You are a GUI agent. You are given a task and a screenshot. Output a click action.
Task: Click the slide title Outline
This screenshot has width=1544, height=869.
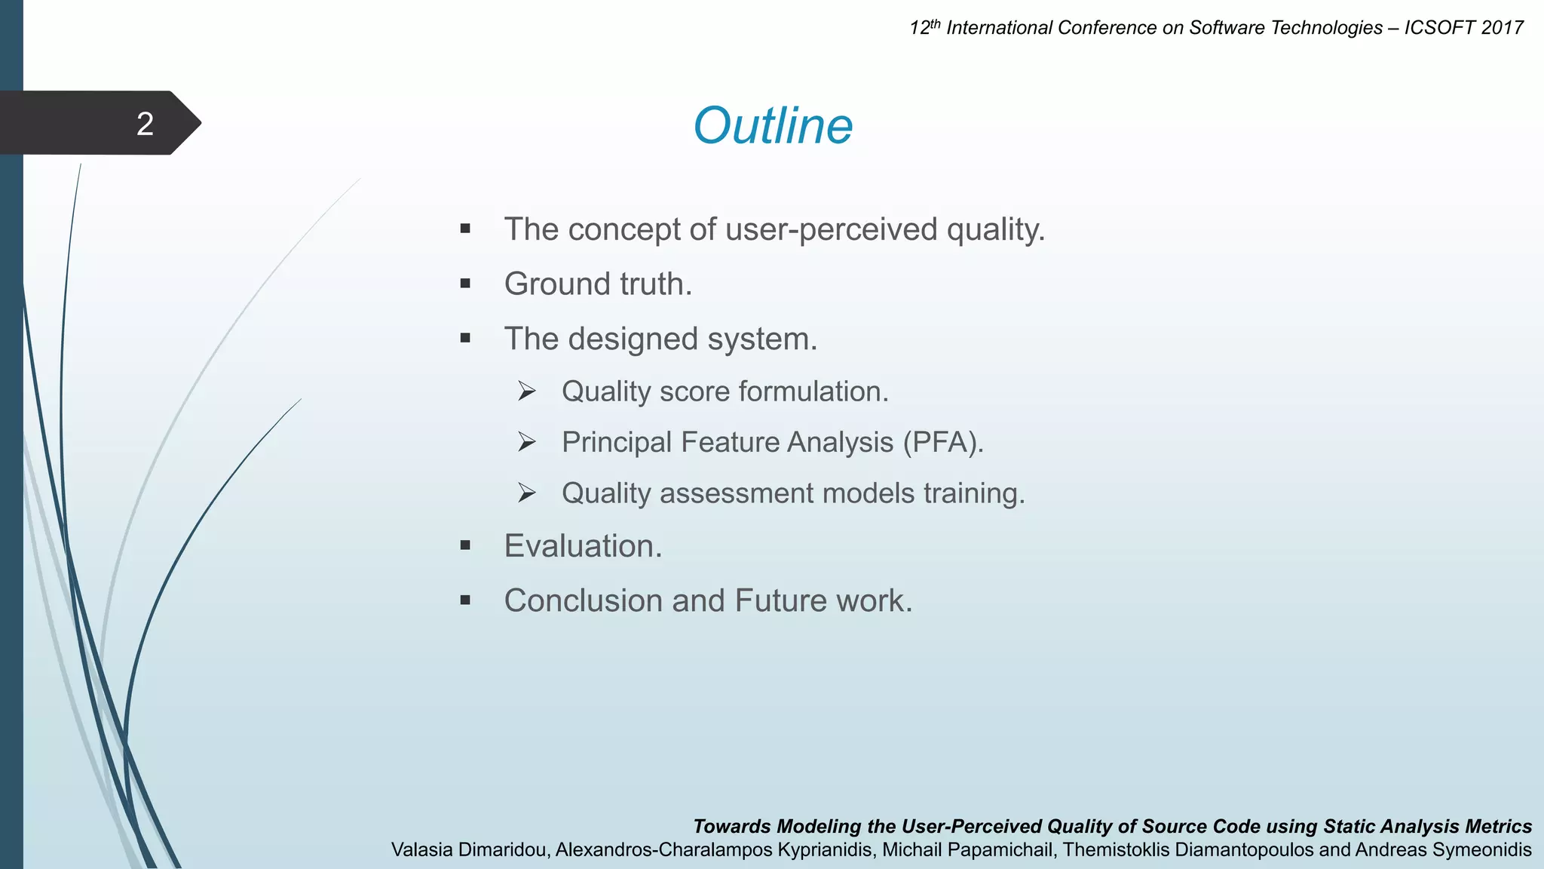[773, 125]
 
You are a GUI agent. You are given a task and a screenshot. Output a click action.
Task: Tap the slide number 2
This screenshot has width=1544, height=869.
[145, 124]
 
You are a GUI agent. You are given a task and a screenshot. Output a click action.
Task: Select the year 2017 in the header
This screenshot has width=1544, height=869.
[1502, 28]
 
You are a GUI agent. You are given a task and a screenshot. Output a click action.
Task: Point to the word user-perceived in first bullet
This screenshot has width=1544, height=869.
[832, 229]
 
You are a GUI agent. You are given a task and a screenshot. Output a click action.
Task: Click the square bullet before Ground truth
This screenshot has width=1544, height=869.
[465, 284]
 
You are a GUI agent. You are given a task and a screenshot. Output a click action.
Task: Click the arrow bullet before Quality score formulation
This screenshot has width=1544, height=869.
[526, 392]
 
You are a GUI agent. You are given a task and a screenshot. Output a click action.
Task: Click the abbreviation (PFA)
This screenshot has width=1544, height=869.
[943, 442]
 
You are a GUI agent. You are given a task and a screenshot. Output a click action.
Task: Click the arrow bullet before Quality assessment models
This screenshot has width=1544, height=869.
[526, 493]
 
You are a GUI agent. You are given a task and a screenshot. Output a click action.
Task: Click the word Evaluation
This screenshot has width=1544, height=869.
[583, 546]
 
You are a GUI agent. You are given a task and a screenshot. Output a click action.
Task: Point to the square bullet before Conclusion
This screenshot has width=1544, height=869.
[465, 601]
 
